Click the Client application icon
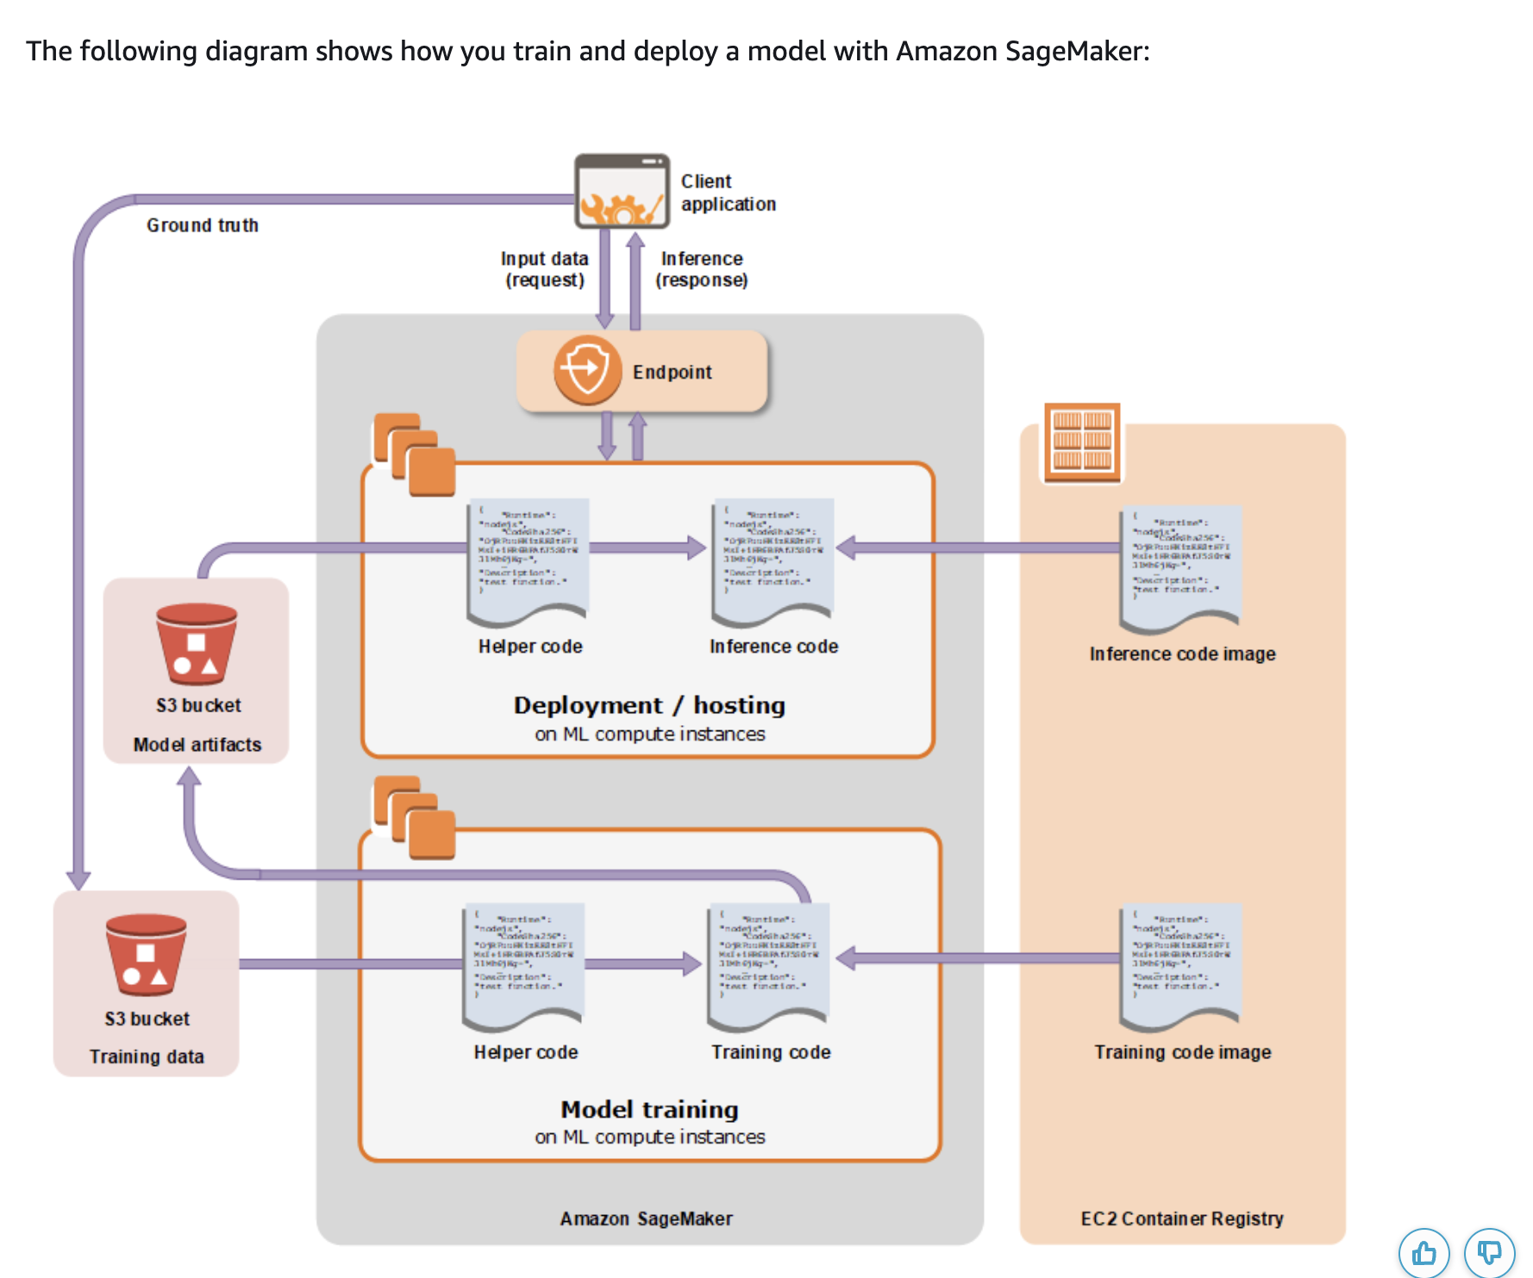[x=622, y=191]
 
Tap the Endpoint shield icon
[x=587, y=371]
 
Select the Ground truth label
[x=203, y=225]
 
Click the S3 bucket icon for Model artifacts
[x=197, y=644]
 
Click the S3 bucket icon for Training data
[x=146, y=955]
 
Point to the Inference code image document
[x=1180, y=569]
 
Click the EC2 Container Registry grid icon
[x=1082, y=442]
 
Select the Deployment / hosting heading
[x=649, y=705]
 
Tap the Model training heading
[x=649, y=1109]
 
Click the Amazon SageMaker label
[x=646, y=1218]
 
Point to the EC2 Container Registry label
[x=1182, y=1218]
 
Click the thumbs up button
[x=1423, y=1253]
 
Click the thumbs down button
[x=1489, y=1253]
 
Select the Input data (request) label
[x=544, y=269]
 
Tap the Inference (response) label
[x=702, y=269]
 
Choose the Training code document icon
[x=768, y=967]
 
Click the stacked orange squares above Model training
[x=414, y=818]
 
